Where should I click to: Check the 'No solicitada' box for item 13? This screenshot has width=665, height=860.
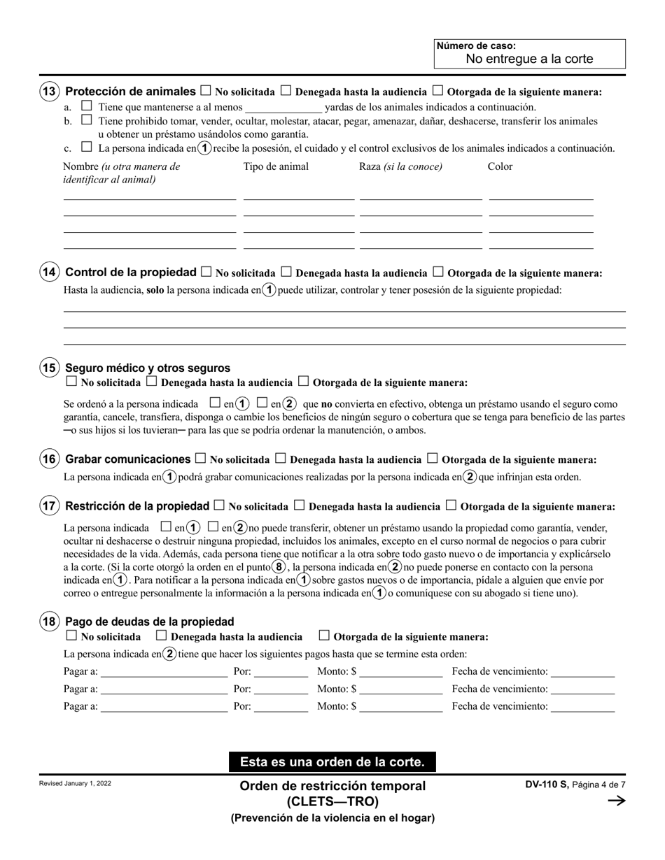[x=206, y=91]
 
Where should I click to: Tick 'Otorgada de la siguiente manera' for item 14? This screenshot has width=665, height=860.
[x=438, y=272]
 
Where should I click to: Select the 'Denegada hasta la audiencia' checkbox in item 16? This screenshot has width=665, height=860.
[x=280, y=459]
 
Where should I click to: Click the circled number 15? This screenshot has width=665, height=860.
[x=49, y=368]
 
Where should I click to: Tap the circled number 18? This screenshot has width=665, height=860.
[x=49, y=622]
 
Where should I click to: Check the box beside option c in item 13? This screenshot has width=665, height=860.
[x=87, y=148]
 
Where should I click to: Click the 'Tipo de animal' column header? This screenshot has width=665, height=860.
[x=276, y=166]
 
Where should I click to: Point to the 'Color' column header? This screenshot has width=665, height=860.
[x=500, y=166]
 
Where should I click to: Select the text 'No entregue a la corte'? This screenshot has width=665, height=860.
[x=529, y=59]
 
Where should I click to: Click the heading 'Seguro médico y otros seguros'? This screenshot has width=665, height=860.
[x=148, y=368]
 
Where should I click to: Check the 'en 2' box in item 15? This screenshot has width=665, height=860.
[x=262, y=403]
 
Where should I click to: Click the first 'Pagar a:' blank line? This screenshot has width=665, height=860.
[x=164, y=672]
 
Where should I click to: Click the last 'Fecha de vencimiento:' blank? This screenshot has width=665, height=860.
[x=582, y=706]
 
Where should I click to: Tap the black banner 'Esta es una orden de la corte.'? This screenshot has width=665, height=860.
[x=332, y=761]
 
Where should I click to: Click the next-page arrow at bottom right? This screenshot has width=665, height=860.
[x=616, y=801]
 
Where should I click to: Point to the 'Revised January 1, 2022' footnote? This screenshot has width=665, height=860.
[x=76, y=783]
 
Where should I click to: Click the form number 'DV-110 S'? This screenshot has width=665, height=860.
[x=547, y=784]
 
